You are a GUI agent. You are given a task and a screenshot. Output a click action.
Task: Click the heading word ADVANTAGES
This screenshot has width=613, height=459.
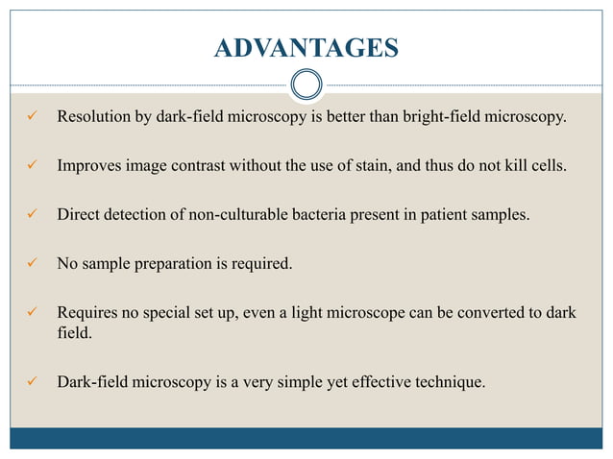click(x=306, y=47)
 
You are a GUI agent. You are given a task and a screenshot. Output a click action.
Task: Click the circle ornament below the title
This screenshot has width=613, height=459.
click(x=306, y=85)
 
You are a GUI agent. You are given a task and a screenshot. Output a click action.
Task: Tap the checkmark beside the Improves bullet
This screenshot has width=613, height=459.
click(x=32, y=165)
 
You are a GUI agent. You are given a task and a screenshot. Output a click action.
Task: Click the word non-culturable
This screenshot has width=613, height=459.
click(x=244, y=214)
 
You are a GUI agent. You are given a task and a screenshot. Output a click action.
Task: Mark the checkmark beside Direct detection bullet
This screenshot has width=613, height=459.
click(x=32, y=214)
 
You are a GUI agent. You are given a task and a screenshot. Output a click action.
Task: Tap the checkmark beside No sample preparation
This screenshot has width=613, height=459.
click(x=32, y=263)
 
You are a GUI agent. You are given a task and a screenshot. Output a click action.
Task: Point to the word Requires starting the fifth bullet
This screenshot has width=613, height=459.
click(x=89, y=312)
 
